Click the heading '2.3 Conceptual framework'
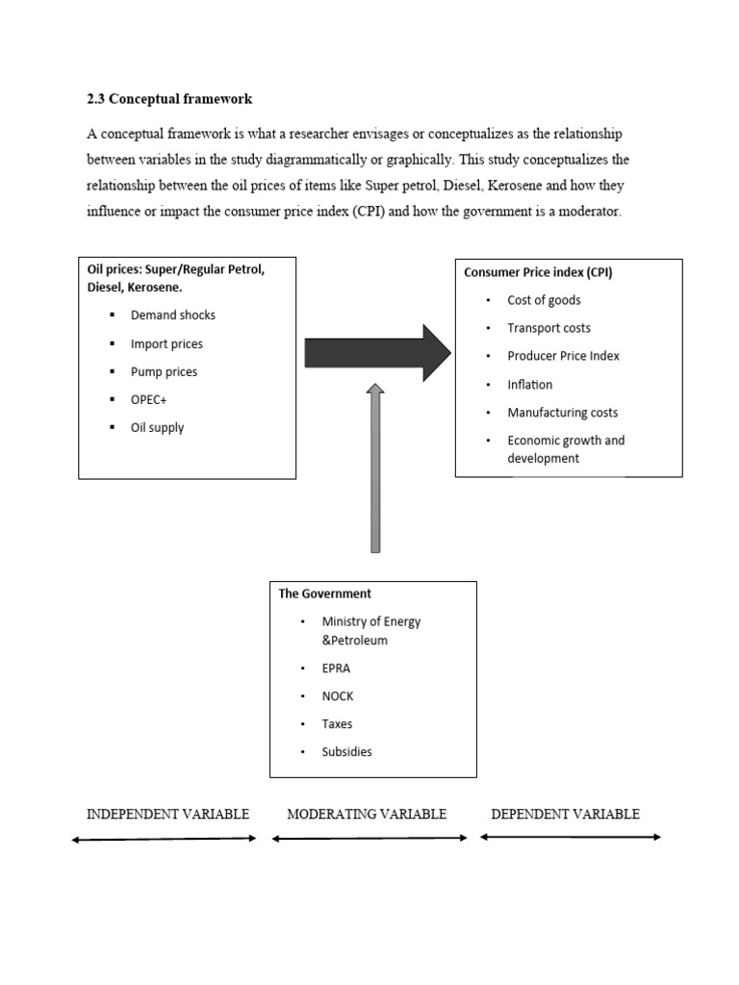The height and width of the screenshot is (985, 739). (169, 99)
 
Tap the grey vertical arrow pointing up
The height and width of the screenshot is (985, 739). (375, 467)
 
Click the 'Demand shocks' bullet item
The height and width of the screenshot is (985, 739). (173, 316)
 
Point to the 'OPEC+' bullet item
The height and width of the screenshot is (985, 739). (149, 399)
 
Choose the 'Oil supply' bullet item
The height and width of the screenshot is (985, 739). (157, 427)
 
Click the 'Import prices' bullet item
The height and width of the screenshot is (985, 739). (166, 343)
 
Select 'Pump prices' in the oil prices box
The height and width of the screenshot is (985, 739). (164, 371)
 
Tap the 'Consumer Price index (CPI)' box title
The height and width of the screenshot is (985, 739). (538, 272)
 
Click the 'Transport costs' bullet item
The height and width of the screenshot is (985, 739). (549, 328)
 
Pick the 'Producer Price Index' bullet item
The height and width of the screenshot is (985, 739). (564, 356)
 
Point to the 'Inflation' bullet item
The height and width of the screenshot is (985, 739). (530, 385)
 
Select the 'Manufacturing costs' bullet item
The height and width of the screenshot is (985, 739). (563, 413)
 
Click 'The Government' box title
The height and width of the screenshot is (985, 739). (324, 594)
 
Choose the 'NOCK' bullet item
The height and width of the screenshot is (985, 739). (338, 695)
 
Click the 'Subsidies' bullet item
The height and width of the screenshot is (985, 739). (346, 751)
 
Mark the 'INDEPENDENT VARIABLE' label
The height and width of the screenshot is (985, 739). (167, 814)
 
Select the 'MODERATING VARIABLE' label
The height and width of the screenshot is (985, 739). (367, 814)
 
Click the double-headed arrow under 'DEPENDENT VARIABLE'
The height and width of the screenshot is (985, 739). (571, 838)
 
